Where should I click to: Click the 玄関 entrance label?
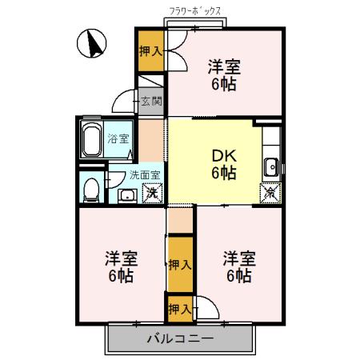[150, 101]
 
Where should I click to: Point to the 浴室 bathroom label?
[129, 138]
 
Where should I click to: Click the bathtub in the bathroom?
[91, 142]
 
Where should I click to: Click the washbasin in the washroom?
[126, 195]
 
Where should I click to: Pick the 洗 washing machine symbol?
[150, 193]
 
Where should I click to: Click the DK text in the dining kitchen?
[223, 155]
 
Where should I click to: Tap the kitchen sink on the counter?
[272, 166]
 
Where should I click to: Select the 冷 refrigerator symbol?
[271, 191]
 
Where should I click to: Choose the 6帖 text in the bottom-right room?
[238, 276]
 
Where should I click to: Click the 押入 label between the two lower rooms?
[180, 264]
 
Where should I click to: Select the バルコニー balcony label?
[180, 339]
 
